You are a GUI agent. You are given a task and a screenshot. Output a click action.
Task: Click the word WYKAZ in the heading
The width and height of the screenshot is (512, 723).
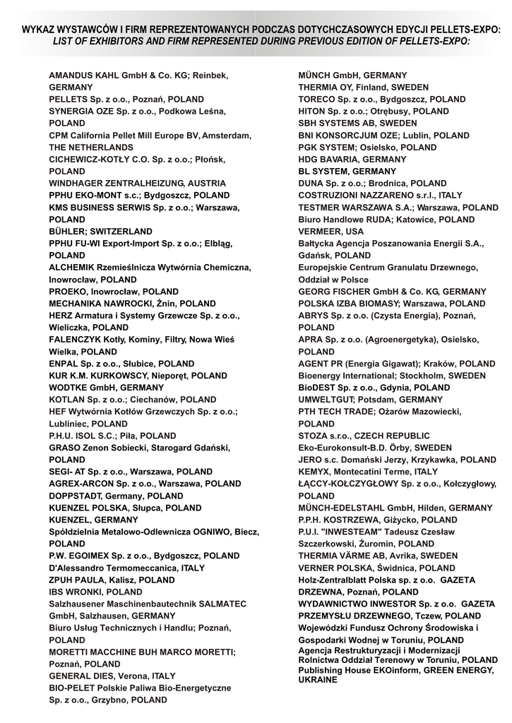37,30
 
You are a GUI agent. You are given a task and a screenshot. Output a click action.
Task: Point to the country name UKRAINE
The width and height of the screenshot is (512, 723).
318,679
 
